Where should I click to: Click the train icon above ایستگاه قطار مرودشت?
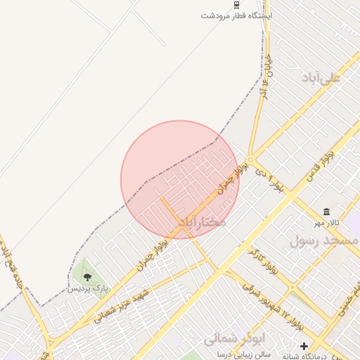click(x=236, y=5)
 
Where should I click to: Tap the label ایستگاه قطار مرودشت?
click(x=236, y=15)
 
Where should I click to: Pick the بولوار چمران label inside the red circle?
click(x=233, y=177)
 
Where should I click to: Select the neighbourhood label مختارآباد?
click(x=202, y=222)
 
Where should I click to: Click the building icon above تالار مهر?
click(x=327, y=212)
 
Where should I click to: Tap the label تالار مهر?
click(x=327, y=223)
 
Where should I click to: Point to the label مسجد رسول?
click(x=324, y=240)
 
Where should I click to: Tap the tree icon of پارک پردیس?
click(x=87, y=278)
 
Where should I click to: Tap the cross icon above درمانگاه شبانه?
click(x=304, y=346)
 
